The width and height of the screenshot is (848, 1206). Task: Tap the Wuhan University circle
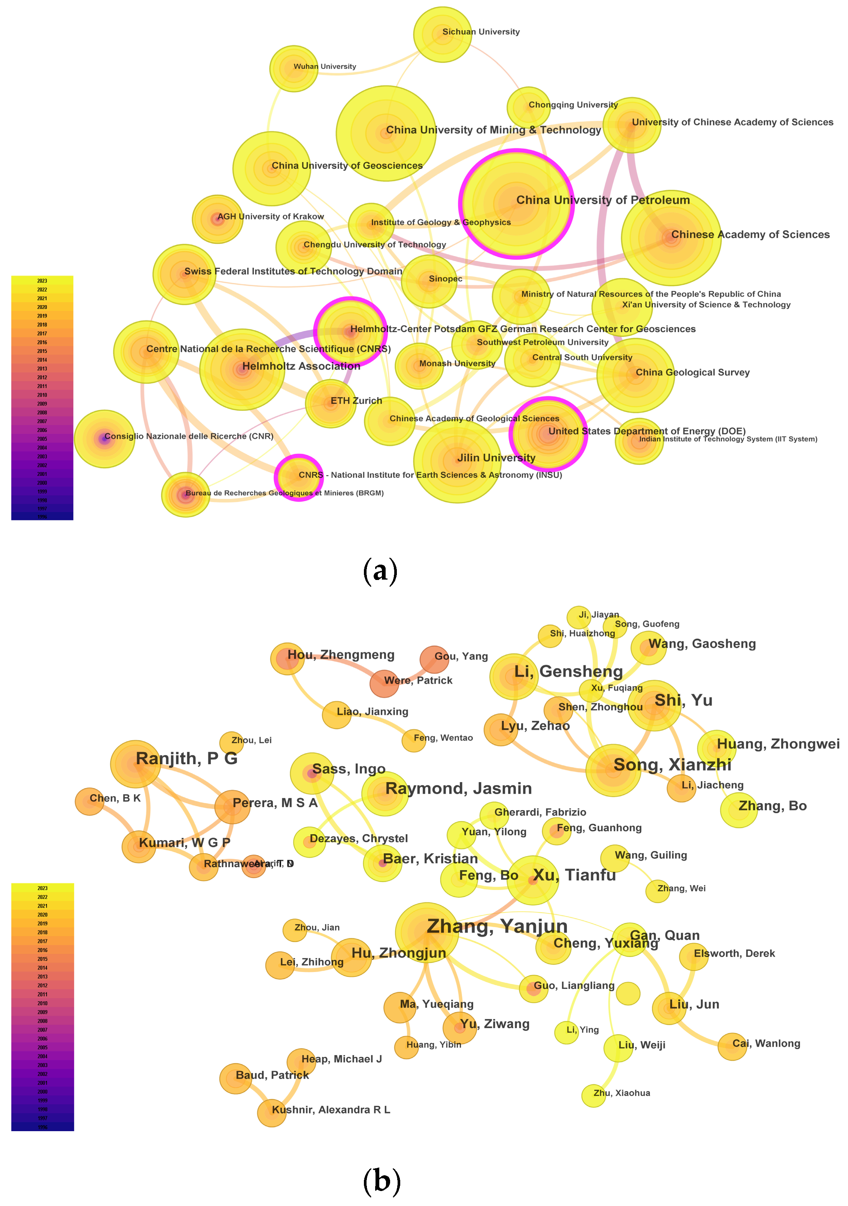pyautogui.click(x=294, y=69)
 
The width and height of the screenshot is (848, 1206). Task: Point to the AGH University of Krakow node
pyautogui.click(x=218, y=219)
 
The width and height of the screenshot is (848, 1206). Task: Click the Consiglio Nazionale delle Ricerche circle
pyautogui.click(x=104, y=438)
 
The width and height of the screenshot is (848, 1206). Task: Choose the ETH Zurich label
pyautogui.click(x=356, y=401)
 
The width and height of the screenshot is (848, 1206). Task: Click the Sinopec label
pyautogui.click(x=445, y=279)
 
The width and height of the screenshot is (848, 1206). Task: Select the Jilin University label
pyautogui.click(x=496, y=458)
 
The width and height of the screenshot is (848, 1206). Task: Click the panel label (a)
pyautogui.click(x=380, y=571)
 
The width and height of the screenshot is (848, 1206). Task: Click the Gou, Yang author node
pyautogui.click(x=434, y=660)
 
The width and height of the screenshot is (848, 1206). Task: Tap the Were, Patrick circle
pyautogui.click(x=385, y=683)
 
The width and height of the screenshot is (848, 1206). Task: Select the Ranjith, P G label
pyautogui.click(x=186, y=759)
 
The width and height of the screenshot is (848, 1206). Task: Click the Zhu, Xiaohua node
pyautogui.click(x=593, y=1096)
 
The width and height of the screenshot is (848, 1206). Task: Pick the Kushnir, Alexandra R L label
pyautogui.click(x=331, y=1110)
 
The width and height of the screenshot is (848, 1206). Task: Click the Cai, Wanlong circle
pyautogui.click(x=732, y=1047)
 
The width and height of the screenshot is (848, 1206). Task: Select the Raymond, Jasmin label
pyautogui.click(x=458, y=789)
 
